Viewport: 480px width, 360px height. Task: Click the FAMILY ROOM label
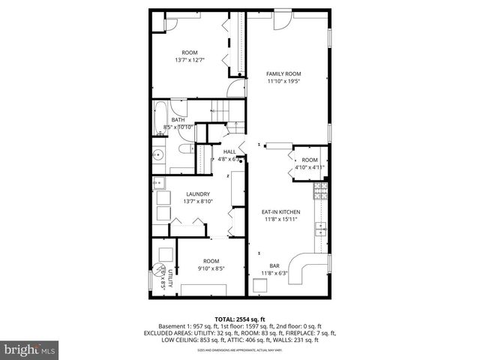point(283,73)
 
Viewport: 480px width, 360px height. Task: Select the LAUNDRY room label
point(198,194)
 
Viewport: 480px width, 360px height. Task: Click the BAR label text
point(274,265)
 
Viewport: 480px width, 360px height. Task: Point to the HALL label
point(229,151)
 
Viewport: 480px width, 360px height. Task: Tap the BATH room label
point(178,120)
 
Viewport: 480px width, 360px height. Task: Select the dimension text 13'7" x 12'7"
point(190,60)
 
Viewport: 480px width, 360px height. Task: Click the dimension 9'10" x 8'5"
point(211,268)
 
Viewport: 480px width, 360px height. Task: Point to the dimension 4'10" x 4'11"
point(310,167)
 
